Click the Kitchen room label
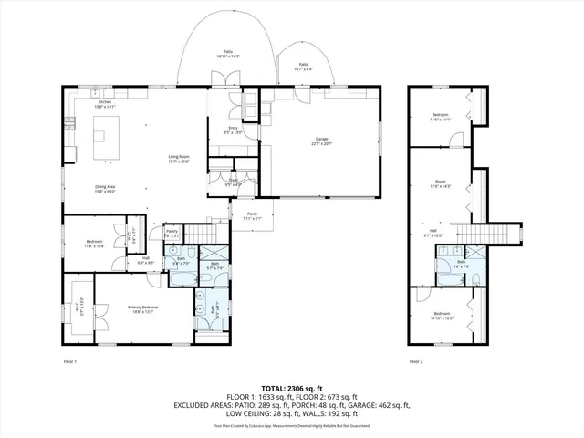coord(105,104)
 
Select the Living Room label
coord(178,160)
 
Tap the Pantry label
coord(172,235)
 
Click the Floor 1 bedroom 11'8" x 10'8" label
coord(95,244)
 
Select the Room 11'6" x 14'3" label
coord(441,184)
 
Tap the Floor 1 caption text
coord(69,362)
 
